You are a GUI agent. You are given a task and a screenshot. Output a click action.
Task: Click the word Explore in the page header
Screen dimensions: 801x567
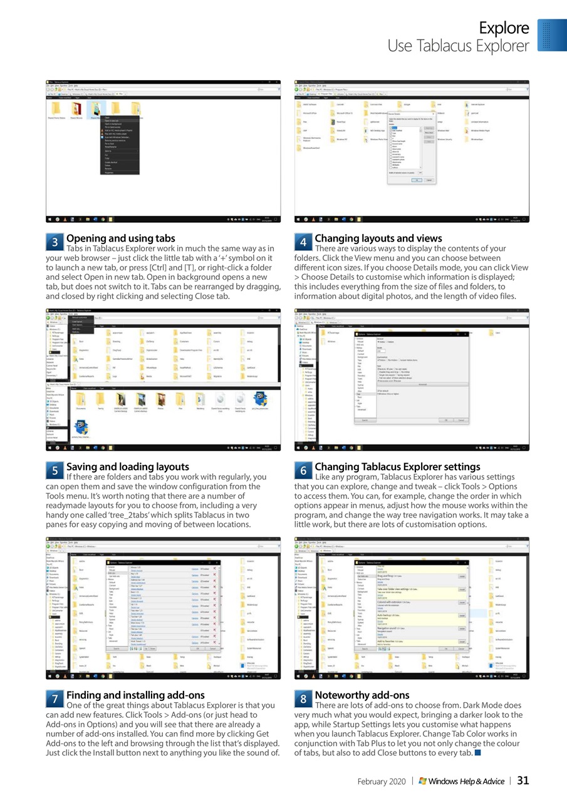504,28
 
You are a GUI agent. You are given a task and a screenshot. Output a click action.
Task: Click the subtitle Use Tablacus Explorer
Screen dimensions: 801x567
458,46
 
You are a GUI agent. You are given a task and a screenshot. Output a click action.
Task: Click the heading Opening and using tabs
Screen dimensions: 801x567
121,238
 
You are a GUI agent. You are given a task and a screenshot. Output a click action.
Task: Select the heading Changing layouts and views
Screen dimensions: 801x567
378,238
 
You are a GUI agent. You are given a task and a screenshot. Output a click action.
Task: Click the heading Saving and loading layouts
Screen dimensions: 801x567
127,467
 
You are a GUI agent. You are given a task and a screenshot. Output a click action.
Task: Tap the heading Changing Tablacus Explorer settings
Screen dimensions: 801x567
397,467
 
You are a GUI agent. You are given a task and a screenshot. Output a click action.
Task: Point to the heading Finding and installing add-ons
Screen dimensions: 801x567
135,695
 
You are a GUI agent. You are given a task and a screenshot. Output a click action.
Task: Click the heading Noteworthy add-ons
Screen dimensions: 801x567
363,695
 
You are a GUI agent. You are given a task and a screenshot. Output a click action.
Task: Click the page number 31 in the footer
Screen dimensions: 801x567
523,780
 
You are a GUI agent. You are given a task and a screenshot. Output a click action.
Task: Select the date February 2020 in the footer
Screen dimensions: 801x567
382,782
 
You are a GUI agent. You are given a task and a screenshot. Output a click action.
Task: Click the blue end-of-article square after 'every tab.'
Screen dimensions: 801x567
478,752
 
